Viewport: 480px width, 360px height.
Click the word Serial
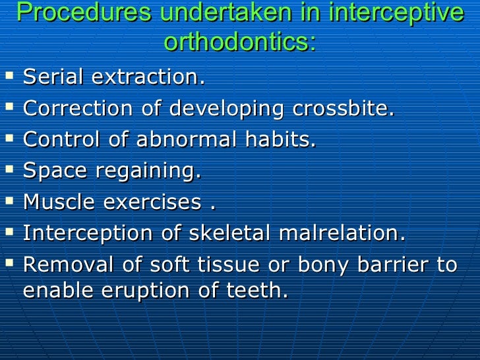pyautogui.click(x=54, y=77)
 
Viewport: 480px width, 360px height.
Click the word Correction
pyautogui.click(x=77, y=108)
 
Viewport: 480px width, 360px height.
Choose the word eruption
pyautogui.click(x=149, y=291)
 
